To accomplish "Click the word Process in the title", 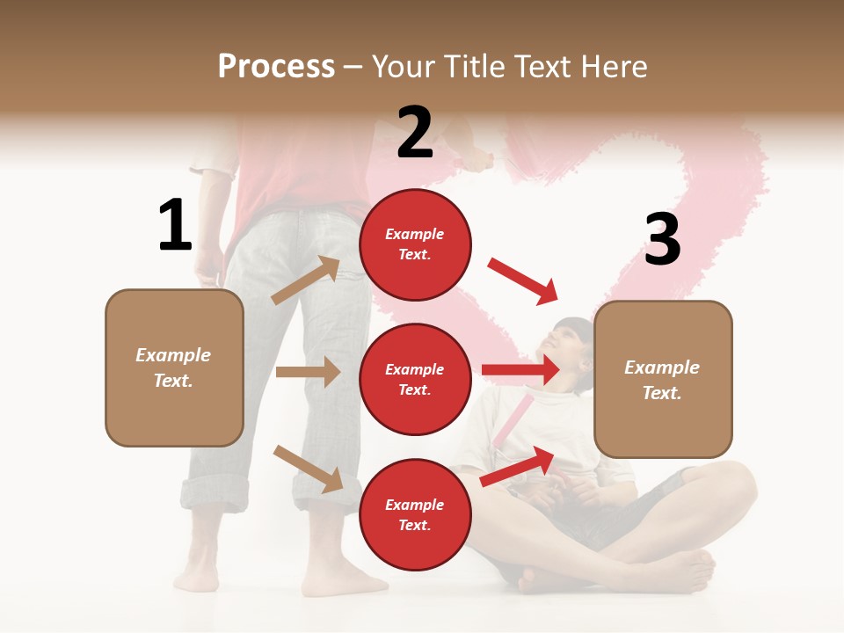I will tap(276, 67).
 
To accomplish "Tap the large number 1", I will tap(175, 225).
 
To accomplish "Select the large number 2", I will tap(415, 132).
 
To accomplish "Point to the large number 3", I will tap(662, 239).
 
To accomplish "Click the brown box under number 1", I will tap(174, 367).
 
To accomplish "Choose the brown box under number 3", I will tap(663, 379).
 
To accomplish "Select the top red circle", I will tap(415, 244).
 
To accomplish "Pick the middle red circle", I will tap(415, 379).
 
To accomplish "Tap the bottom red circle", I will tap(415, 514).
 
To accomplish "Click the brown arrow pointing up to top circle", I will tap(307, 280).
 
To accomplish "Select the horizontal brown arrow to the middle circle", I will tap(308, 372).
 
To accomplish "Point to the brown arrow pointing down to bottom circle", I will tap(309, 468).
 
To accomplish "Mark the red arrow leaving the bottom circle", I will tap(518, 466).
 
